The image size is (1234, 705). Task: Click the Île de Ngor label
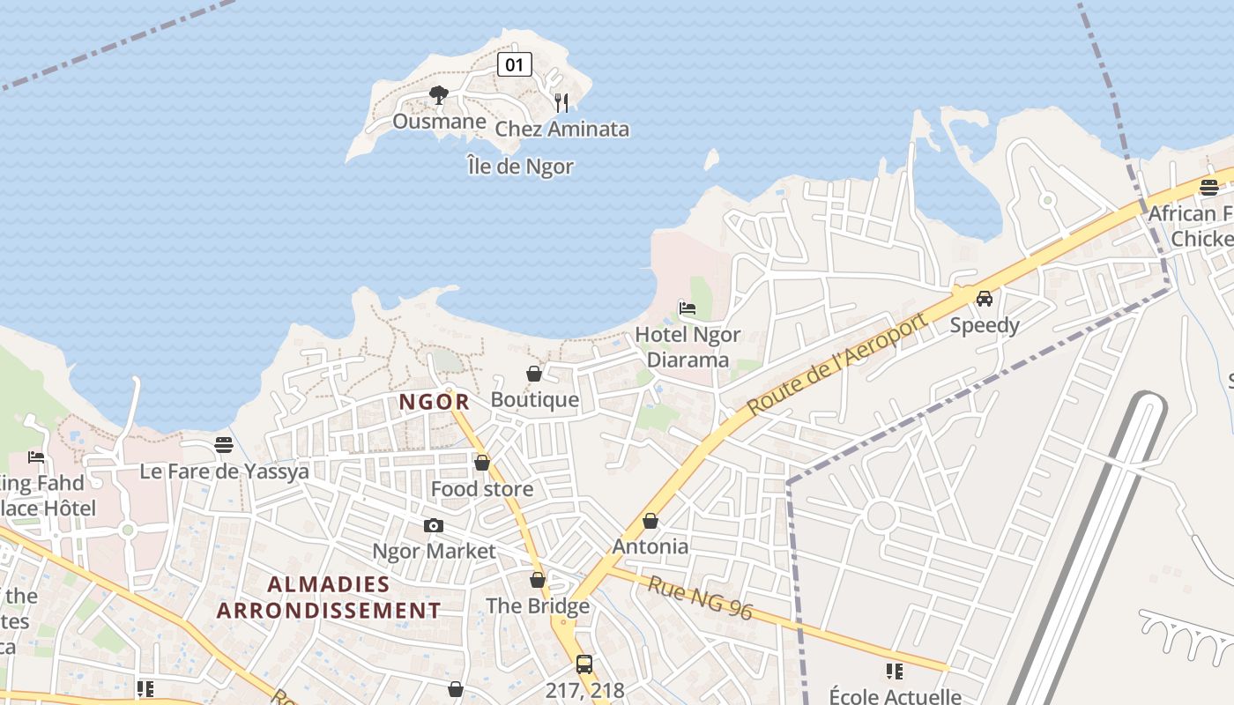(x=521, y=167)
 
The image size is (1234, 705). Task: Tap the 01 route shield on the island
(x=515, y=63)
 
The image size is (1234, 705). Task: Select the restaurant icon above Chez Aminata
(x=561, y=102)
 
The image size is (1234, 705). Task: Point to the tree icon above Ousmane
(x=438, y=95)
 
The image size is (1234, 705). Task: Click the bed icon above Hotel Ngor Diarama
(x=688, y=308)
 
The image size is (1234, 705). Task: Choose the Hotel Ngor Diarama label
(x=688, y=347)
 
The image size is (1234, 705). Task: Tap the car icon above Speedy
(x=985, y=298)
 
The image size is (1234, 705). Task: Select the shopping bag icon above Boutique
(x=534, y=374)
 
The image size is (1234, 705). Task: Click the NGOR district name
(x=434, y=402)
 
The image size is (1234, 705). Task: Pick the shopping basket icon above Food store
(x=482, y=463)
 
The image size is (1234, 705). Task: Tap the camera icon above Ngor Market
(x=434, y=525)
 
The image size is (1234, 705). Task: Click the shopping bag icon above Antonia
(x=650, y=521)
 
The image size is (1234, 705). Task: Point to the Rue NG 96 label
(x=701, y=597)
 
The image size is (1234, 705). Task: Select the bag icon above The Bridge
(x=538, y=580)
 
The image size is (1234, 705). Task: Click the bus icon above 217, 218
(x=584, y=664)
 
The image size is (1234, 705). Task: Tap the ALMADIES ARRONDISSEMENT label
(x=329, y=597)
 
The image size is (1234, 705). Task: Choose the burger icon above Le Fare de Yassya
(x=224, y=445)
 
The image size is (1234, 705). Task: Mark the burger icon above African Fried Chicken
(x=1209, y=187)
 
